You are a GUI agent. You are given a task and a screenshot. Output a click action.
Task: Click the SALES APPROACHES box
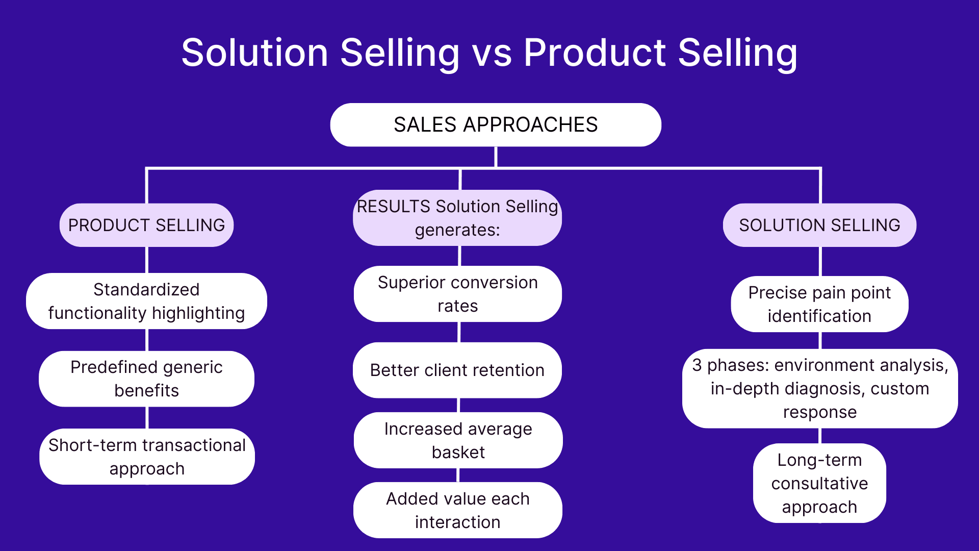pyautogui.click(x=495, y=125)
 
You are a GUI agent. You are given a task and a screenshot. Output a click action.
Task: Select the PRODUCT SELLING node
pyautogui.click(x=146, y=225)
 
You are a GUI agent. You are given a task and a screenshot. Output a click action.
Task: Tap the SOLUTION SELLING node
pyautogui.click(x=819, y=225)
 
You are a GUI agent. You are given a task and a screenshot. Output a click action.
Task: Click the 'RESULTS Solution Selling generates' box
pyautogui.click(x=457, y=218)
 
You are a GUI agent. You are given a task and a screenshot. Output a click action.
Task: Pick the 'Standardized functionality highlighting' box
pyautogui.click(x=146, y=301)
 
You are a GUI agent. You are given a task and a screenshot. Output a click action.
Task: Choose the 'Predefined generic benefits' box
pyautogui.click(x=146, y=379)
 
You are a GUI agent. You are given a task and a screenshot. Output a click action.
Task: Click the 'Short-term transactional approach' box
pyautogui.click(x=147, y=457)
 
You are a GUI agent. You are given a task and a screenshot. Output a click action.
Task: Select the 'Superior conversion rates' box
pyautogui.click(x=457, y=294)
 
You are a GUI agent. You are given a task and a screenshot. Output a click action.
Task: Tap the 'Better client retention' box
pyautogui.click(x=457, y=370)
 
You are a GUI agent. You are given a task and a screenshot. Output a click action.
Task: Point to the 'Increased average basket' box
pyautogui.click(x=458, y=440)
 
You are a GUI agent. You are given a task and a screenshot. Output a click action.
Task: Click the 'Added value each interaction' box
pyautogui.click(x=457, y=510)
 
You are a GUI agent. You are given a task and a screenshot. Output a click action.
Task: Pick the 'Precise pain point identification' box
pyautogui.click(x=819, y=304)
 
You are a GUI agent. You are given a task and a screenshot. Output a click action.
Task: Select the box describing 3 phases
pyautogui.click(x=819, y=388)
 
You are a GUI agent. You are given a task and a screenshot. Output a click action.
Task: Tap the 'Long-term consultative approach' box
pyautogui.click(x=819, y=483)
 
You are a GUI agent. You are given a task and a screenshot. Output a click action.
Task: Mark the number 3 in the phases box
pyautogui.click(x=697, y=365)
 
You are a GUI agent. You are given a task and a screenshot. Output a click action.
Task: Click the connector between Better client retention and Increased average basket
pyautogui.click(x=458, y=405)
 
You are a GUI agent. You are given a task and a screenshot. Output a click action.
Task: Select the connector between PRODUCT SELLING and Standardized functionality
pyautogui.click(x=147, y=260)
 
